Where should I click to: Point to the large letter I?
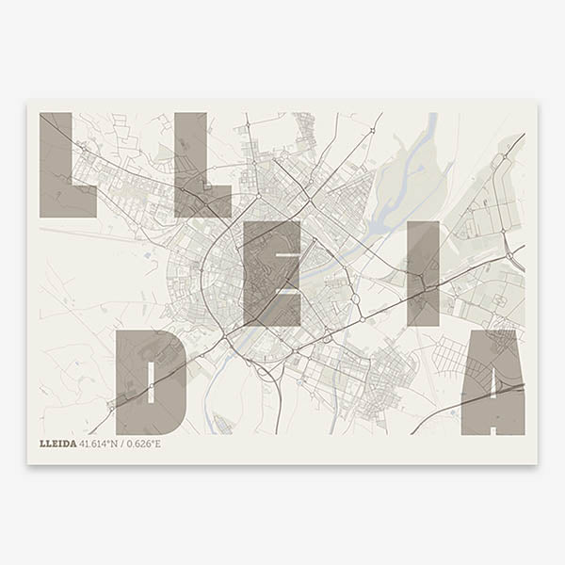[x=423, y=273]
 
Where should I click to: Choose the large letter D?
[x=151, y=381]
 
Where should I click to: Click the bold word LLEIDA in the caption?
[x=58, y=444]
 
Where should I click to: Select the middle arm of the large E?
[x=282, y=274]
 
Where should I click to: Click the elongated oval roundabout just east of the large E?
[x=356, y=301]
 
